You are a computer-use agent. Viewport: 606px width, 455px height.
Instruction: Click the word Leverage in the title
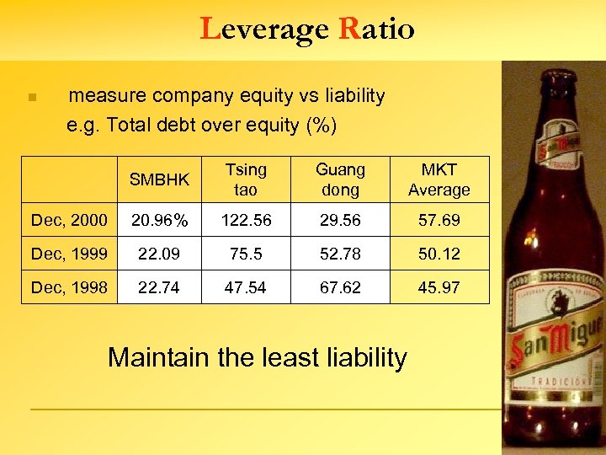point(265,29)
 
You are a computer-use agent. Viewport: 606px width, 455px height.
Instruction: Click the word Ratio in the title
point(376,29)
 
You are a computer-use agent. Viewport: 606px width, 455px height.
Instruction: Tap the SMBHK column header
point(159,179)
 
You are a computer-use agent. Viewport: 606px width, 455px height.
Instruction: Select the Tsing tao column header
point(245,179)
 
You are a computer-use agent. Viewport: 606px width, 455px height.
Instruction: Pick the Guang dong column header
point(340,179)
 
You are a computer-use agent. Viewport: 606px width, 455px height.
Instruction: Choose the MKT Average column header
point(439,179)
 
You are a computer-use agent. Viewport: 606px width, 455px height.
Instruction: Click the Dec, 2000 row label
point(69,221)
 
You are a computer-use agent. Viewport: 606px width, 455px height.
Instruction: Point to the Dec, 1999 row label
point(69,254)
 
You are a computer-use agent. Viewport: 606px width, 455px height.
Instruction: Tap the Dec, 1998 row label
point(69,287)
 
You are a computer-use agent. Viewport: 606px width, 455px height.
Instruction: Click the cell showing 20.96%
point(159,221)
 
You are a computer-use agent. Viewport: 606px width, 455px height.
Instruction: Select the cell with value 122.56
point(245,221)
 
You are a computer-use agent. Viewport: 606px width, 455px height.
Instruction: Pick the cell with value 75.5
point(245,254)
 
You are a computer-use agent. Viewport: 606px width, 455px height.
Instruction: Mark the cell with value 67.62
point(340,287)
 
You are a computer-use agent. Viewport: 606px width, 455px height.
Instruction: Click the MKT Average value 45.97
point(439,287)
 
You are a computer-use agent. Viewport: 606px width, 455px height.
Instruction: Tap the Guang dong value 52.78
point(340,254)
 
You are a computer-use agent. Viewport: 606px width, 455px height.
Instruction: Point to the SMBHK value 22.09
point(159,254)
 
